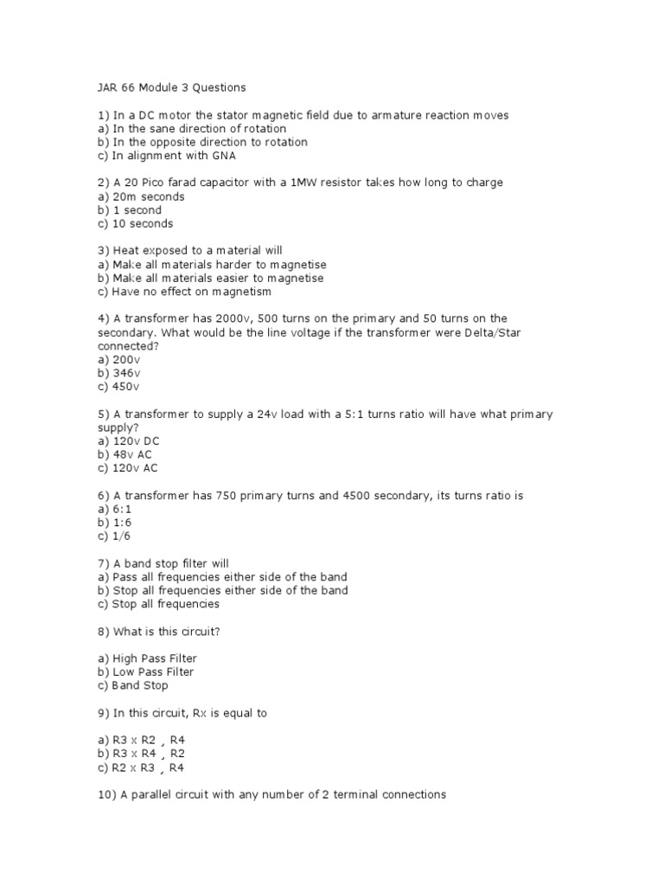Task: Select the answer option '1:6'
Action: [115, 523]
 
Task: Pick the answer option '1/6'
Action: [115, 536]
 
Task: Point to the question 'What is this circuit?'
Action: [158, 631]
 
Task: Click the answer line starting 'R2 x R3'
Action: [141, 767]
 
